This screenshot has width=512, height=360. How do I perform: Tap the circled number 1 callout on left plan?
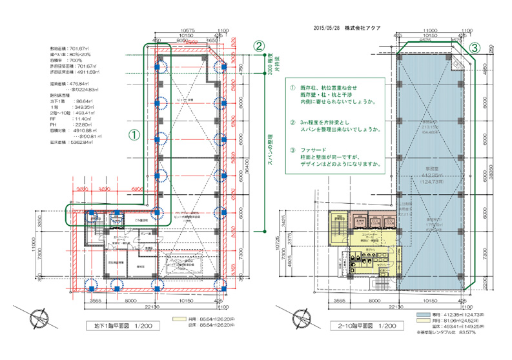(133, 135)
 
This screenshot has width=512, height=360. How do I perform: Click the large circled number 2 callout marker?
(258, 46)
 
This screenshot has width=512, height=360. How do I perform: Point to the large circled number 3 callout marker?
(474, 48)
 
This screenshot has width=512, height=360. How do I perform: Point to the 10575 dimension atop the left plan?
(189, 30)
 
